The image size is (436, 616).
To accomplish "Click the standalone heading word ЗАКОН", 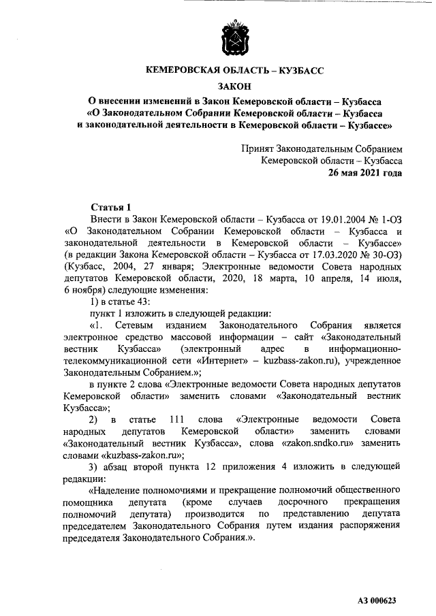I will [x=234, y=86].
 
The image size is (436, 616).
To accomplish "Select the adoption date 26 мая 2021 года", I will [x=365, y=173].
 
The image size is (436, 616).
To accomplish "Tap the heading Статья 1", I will [x=110, y=207].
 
